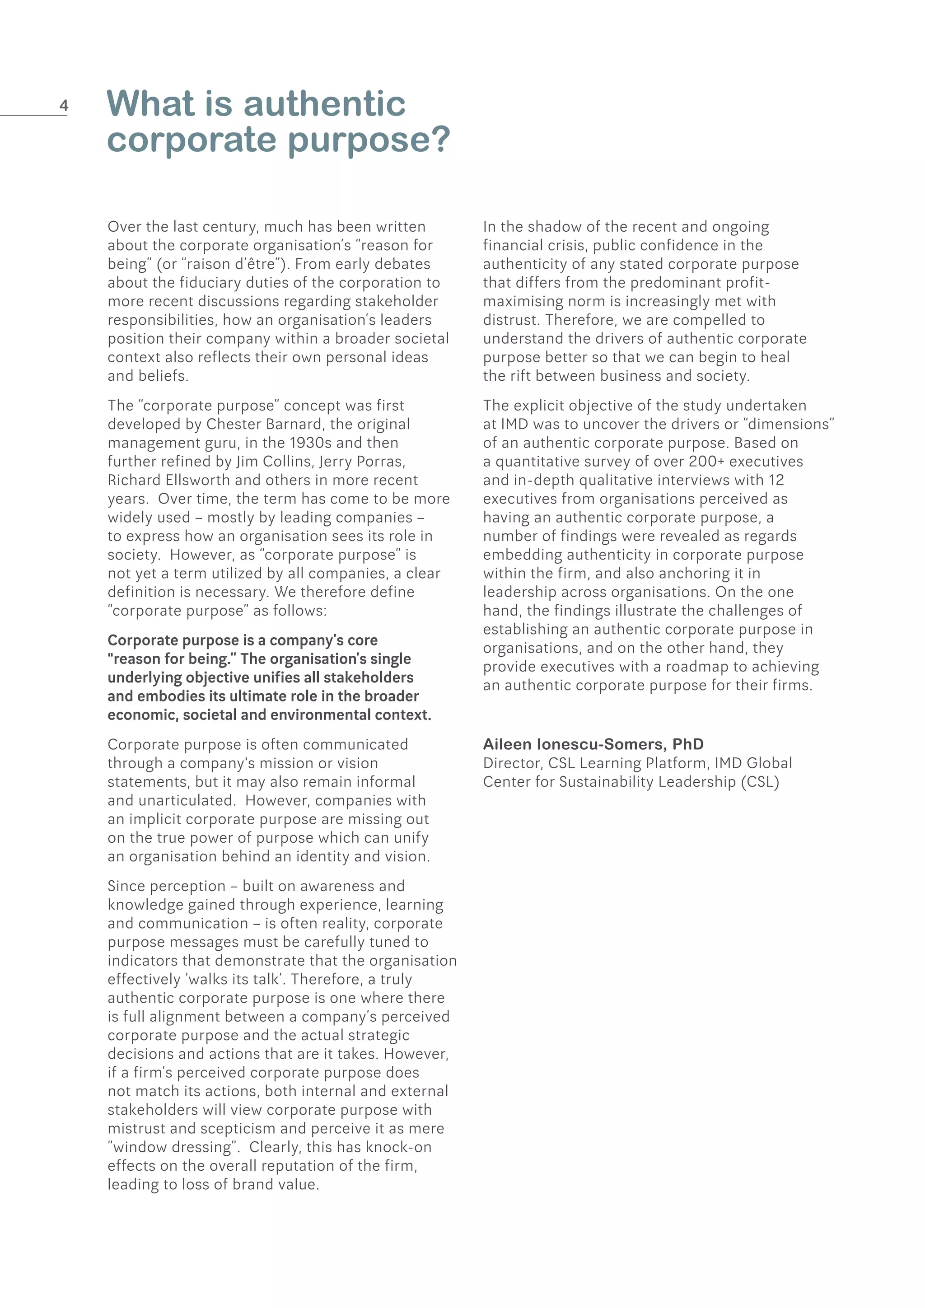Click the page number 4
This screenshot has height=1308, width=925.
tap(64, 105)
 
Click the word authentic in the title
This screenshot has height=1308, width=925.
tap(324, 104)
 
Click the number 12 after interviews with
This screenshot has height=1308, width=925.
tap(776, 480)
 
